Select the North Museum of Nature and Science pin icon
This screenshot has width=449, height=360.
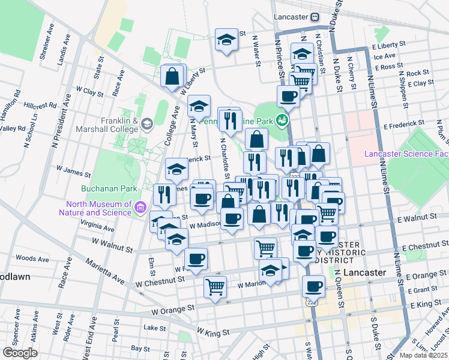pos(141,208)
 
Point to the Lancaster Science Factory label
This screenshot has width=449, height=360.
pos(406,155)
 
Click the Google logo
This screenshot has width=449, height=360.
pos(20,353)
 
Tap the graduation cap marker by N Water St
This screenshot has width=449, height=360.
pos(226,40)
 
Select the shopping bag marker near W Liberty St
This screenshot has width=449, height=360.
pos(173,76)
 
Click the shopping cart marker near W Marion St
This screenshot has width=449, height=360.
pos(215,286)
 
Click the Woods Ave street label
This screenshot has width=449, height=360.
pos(32,258)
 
